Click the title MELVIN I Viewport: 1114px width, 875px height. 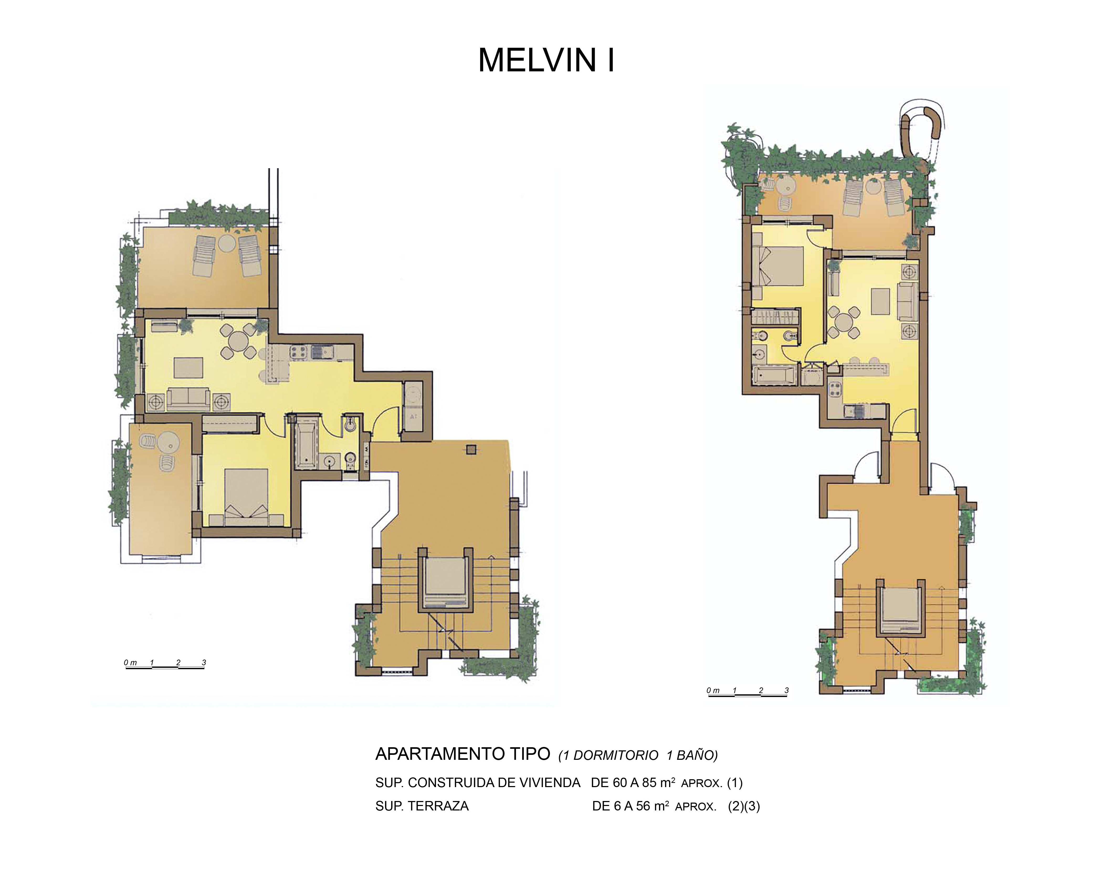[x=546, y=60]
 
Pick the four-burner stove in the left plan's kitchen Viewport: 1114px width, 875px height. [x=298, y=352]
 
